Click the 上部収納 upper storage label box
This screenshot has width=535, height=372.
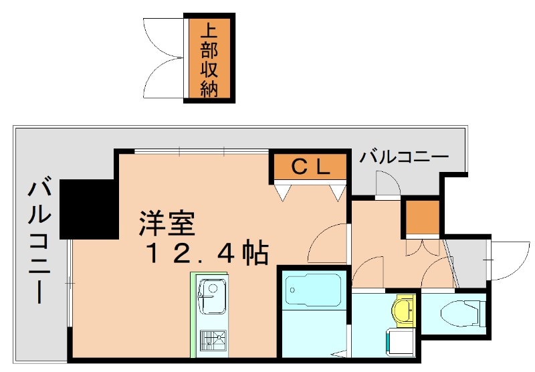pos(209,59)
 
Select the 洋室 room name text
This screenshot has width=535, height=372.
pos(167,223)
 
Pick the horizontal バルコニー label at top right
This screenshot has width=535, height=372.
pos(404,159)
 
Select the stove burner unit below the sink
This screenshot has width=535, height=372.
pos(213,343)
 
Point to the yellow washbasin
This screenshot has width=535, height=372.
pos(403,310)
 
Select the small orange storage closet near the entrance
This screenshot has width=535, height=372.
pos(422,216)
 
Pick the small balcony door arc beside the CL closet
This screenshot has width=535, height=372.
pos(387,184)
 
